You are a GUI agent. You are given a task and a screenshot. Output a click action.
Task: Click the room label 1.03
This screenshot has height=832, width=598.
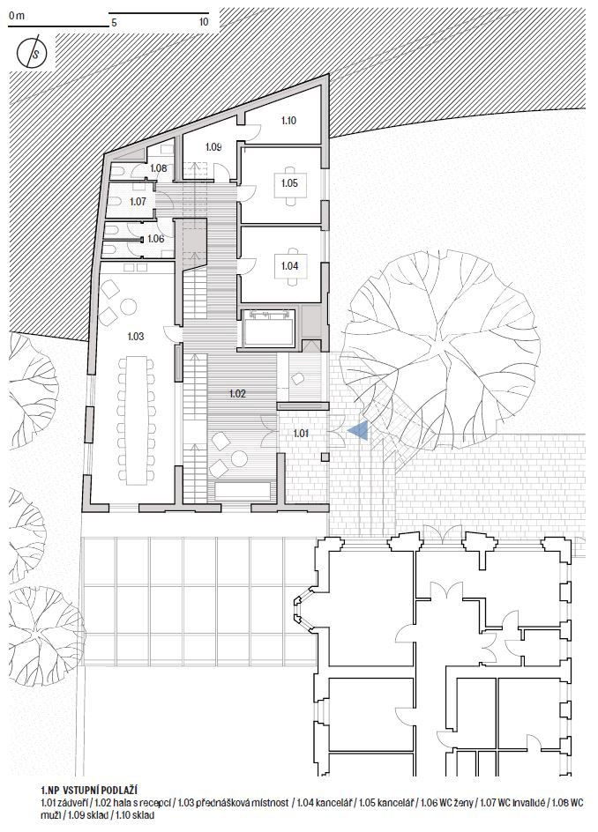[136, 337]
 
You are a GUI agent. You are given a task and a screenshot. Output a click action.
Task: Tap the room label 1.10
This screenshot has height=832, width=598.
[288, 121]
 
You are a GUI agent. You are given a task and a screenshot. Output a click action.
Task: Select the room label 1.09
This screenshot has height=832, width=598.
[213, 147]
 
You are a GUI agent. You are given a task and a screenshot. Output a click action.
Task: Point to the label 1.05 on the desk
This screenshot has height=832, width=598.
[290, 183]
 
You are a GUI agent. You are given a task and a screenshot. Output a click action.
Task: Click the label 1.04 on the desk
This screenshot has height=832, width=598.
[290, 266]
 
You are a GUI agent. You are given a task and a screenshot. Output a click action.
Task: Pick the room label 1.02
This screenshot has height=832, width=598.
[237, 394]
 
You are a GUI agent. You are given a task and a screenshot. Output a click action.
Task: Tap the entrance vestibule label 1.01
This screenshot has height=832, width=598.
[301, 434]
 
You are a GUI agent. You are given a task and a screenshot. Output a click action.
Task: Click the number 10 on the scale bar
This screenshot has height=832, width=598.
[204, 22]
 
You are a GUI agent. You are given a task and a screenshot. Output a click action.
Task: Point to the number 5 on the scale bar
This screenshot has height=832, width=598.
[114, 23]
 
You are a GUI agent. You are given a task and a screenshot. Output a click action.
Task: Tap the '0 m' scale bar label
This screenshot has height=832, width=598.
[17, 15]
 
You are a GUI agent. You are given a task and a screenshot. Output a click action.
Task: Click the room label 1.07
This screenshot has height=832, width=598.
[138, 202]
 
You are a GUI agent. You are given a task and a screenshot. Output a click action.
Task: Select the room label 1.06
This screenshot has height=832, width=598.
[155, 240]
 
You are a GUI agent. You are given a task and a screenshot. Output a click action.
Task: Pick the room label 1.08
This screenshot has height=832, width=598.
[158, 168]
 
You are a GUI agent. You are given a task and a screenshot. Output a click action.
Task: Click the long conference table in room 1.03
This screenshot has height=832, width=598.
[137, 420]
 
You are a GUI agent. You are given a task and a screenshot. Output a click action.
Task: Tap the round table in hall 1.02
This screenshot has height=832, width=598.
[240, 457]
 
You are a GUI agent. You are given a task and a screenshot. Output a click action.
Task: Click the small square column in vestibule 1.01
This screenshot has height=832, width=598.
[325, 456]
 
